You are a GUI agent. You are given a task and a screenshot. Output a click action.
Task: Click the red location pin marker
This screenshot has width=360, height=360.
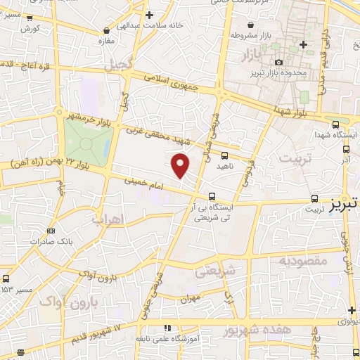pos(181,165)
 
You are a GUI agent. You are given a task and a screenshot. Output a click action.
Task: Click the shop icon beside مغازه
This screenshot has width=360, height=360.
pos(106,31)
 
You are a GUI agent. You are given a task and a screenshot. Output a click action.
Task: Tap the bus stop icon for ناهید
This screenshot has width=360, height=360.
pos(224,155)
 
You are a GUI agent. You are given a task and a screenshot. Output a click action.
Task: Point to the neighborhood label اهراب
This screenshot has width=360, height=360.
pos(108,219)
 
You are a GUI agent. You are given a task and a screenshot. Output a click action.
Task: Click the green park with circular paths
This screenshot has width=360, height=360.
pos(87,144)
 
